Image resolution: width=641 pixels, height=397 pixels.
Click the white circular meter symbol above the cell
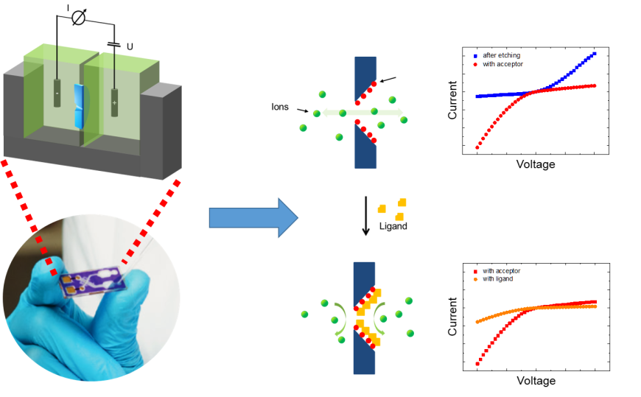[x=78, y=18]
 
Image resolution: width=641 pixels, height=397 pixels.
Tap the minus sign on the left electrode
[x=57, y=94]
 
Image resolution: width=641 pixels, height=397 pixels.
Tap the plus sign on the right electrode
[x=114, y=102]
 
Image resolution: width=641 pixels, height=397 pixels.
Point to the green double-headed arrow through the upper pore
[x=360, y=113]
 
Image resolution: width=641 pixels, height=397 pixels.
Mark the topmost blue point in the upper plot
[x=595, y=54]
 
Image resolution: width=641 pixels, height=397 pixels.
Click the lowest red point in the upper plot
[x=477, y=147]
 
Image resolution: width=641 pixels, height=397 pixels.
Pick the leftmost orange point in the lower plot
[x=477, y=322]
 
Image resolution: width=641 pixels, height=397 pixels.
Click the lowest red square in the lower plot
[x=477, y=364]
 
